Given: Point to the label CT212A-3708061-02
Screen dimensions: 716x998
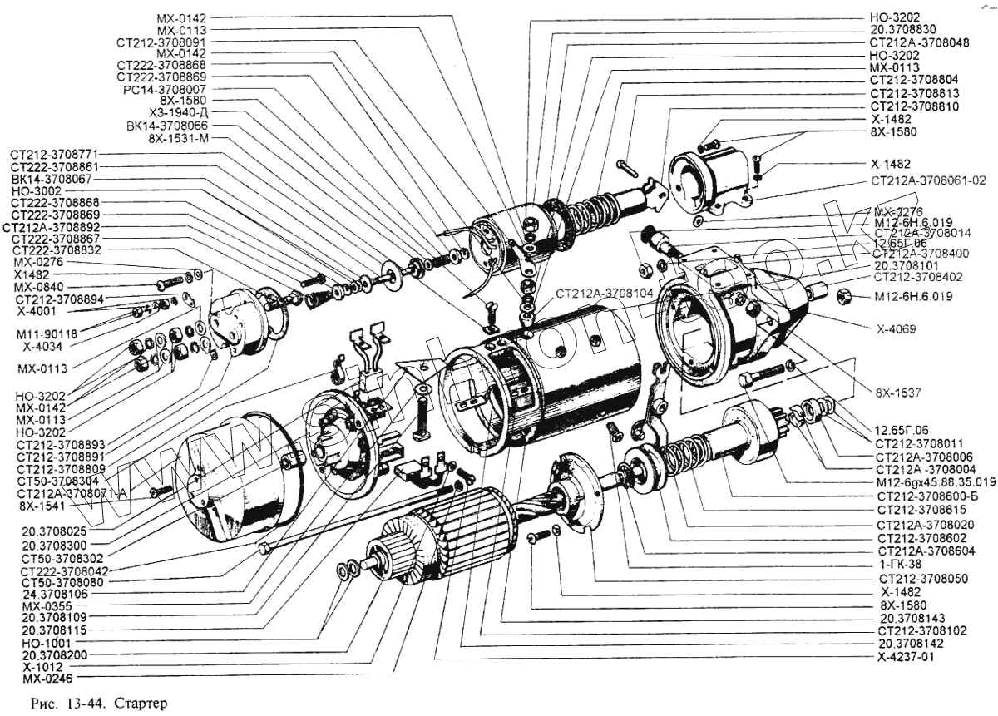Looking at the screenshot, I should [928, 180].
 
